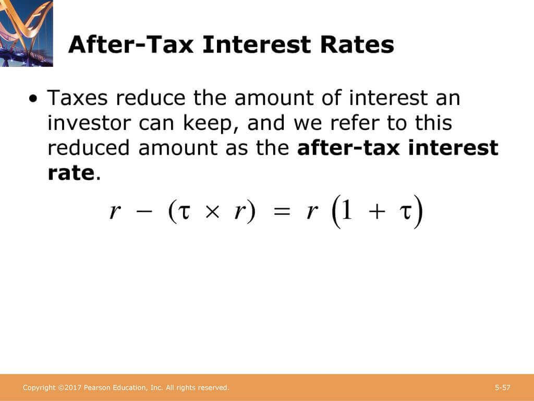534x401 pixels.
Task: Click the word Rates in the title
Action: pos(358,45)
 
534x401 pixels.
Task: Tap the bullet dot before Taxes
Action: pos(34,99)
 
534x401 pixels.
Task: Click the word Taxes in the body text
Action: pos(79,98)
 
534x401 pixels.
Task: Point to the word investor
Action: pos(89,123)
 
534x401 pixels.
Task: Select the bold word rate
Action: pos(70,173)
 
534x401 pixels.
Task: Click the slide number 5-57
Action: pos(503,387)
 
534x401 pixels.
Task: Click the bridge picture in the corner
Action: pos(26,33)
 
